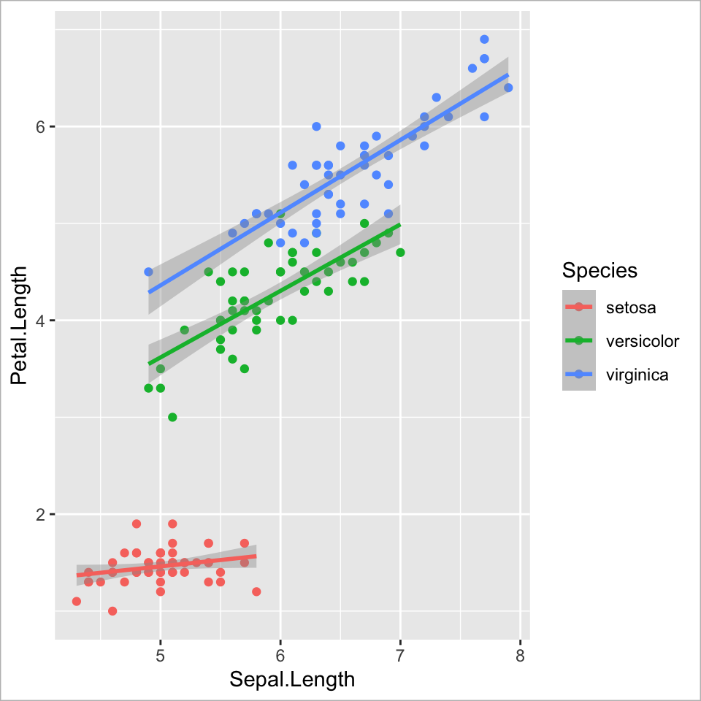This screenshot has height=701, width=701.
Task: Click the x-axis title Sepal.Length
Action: pos(292,679)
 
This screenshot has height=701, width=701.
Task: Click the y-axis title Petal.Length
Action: pos(20,325)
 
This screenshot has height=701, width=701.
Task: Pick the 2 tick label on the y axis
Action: pos(42,514)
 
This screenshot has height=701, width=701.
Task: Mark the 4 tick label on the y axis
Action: pos(42,321)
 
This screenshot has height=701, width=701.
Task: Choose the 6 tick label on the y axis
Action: pos(42,126)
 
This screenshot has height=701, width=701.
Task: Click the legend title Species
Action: pos(600,271)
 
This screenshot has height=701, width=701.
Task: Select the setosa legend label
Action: pos(631,307)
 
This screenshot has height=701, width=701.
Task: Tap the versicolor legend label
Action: pos(643,341)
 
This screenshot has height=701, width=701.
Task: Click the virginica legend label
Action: pos(637,375)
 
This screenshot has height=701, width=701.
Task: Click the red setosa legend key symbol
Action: pos(579,307)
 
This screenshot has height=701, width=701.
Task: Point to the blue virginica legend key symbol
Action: pos(579,375)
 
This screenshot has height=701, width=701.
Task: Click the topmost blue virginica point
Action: pos(484,39)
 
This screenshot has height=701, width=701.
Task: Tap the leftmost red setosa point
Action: pos(77,601)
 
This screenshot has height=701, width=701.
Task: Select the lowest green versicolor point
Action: pos(172,417)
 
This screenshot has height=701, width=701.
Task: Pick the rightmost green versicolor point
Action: pos(400,253)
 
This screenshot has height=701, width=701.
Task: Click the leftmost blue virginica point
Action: pos(148,272)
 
